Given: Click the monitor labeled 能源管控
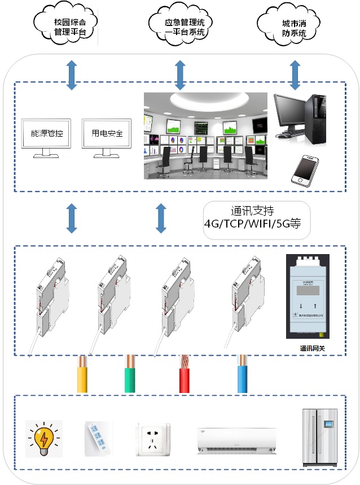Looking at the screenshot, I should pos(47,136).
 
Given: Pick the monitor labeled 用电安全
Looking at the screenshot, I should pos(107,136).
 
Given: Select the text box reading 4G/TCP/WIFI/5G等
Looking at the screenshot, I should pos(256,220).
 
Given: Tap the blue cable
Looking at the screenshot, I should pos(243,374).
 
